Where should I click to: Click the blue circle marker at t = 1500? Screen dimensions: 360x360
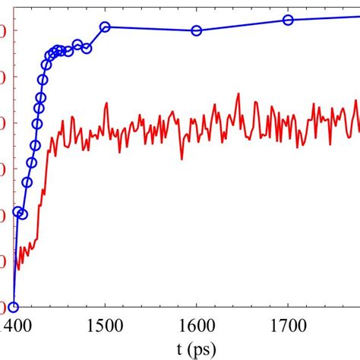105,27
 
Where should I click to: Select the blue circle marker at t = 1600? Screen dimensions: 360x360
197,30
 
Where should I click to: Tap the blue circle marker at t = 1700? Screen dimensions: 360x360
289,20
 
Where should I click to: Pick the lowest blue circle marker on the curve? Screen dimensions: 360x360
13,308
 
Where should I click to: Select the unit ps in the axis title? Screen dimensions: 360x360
203,350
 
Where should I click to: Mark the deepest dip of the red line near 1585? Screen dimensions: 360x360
182,158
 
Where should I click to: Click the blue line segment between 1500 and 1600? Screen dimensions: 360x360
150,29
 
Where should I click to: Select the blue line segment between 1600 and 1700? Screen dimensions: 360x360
243,25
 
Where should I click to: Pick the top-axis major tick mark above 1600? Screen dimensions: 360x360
197,3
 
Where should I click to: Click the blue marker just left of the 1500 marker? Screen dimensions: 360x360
87,48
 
